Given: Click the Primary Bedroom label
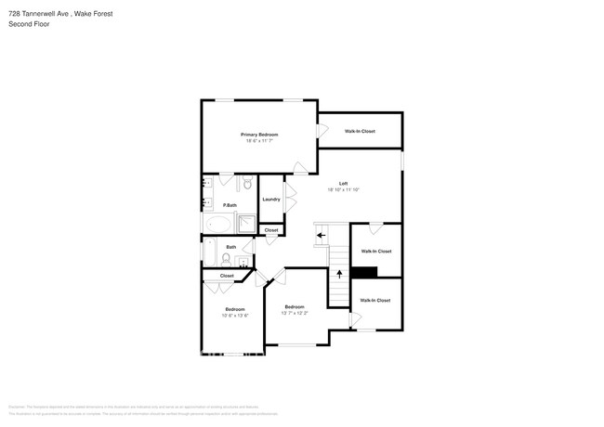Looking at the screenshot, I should click(x=260, y=135).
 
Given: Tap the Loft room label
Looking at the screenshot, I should click(x=343, y=183).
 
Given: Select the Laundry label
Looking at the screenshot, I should click(x=271, y=199).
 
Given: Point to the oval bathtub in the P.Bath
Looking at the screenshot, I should click(x=220, y=224).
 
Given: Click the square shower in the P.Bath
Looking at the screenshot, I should click(x=247, y=223).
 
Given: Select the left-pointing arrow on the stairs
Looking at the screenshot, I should click(x=321, y=235).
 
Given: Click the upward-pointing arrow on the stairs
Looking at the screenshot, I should click(x=339, y=273).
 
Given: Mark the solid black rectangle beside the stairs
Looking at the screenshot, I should click(x=364, y=272).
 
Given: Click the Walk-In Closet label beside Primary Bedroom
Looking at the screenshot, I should click(x=360, y=131).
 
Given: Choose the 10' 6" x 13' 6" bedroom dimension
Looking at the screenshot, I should click(x=235, y=316).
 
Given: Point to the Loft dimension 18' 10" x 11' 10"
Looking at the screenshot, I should click(x=343, y=189).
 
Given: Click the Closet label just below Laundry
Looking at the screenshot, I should click(x=271, y=229).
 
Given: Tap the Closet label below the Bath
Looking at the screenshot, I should click(x=227, y=276).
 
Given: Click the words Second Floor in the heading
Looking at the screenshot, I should click(x=28, y=23).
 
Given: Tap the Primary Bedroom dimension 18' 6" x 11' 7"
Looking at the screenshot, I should click(x=260, y=141).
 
